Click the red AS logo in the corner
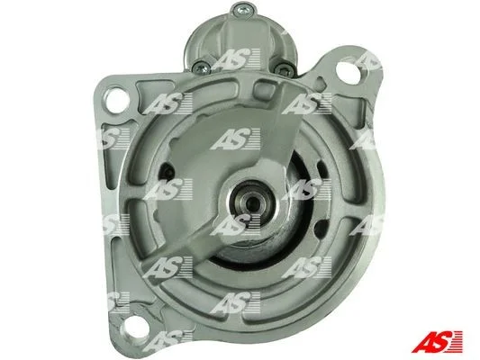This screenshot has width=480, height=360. tap(437, 341)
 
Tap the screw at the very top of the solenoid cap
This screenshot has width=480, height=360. tap(242, 10)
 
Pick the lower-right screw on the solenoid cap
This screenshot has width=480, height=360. tap(284, 68)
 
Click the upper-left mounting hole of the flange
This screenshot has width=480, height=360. tap(118, 99)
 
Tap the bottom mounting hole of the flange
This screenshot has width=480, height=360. tap(134, 328)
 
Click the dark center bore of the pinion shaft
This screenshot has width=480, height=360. tap(252, 202)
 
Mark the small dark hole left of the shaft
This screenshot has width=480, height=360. tap(168, 173)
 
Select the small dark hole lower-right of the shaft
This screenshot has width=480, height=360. tap(321, 228)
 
